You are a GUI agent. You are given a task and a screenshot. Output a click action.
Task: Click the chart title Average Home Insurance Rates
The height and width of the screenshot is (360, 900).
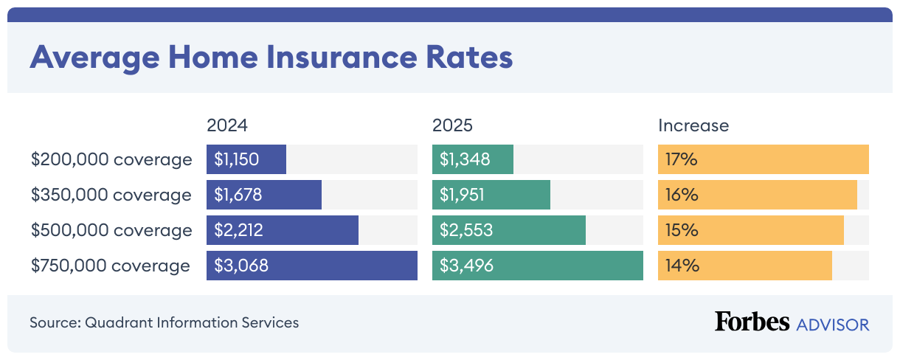[271, 58]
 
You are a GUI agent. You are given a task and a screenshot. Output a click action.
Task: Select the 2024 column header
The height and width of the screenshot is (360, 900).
[228, 125]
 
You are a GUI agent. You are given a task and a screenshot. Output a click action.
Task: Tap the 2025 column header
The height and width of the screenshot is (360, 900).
[452, 125]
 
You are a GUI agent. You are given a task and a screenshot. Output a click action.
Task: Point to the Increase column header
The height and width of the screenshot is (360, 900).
[693, 125]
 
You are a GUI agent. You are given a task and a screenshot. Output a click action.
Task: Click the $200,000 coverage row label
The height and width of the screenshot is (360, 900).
[111, 159]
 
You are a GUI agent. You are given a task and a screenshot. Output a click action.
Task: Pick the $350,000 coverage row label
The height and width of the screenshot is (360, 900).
[111, 195]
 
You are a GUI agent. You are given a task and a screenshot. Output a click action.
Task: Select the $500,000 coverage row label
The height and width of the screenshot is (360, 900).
[111, 230]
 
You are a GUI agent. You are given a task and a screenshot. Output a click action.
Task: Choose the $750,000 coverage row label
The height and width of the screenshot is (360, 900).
[111, 266]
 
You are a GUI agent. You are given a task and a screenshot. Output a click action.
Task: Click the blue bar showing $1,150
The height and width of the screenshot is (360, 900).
[246, 159]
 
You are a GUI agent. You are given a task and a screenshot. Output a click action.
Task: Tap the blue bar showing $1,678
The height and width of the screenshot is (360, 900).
[264, 195]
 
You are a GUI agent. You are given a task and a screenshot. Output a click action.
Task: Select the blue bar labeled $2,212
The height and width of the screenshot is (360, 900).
[283, 230]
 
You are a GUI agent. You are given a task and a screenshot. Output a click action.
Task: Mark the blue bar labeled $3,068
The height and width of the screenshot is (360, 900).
[312, 266]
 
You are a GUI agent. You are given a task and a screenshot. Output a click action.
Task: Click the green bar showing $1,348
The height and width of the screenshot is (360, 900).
[473, 159]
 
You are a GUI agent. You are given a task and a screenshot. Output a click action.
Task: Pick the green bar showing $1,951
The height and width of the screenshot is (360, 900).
[491, 195]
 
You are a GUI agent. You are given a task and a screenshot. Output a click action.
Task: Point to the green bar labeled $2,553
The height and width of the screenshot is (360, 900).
[509, 230]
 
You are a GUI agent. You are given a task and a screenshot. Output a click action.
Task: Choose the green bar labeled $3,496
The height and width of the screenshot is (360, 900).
[538, 266]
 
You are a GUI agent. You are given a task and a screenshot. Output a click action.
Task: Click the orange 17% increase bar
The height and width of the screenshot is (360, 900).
[764, 159]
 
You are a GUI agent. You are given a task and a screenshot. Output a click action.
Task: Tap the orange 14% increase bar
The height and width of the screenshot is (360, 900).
[745, 266]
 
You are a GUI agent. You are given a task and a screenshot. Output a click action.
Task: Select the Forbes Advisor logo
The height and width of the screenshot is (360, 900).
[792, 322]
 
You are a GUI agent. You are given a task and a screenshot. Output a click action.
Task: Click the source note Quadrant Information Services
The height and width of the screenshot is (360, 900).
[165, 322]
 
